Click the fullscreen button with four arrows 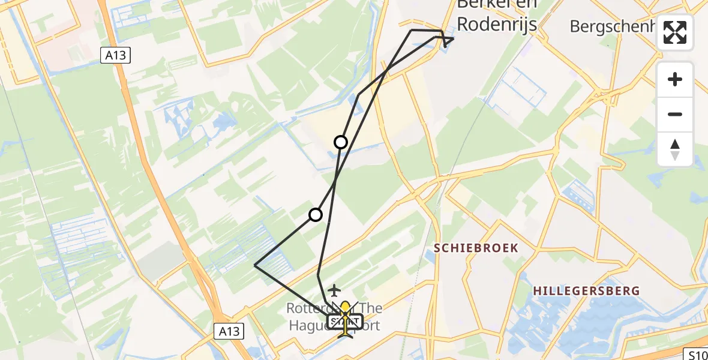tap(675, 32)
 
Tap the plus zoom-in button tap(675, 79)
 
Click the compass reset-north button tap(675, 149)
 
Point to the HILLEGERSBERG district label tap(586, 291)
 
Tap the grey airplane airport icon tap(334, 290)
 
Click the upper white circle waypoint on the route tap(341, 142)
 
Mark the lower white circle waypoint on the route tap(316, 215)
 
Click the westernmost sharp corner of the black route tap(255, 265)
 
